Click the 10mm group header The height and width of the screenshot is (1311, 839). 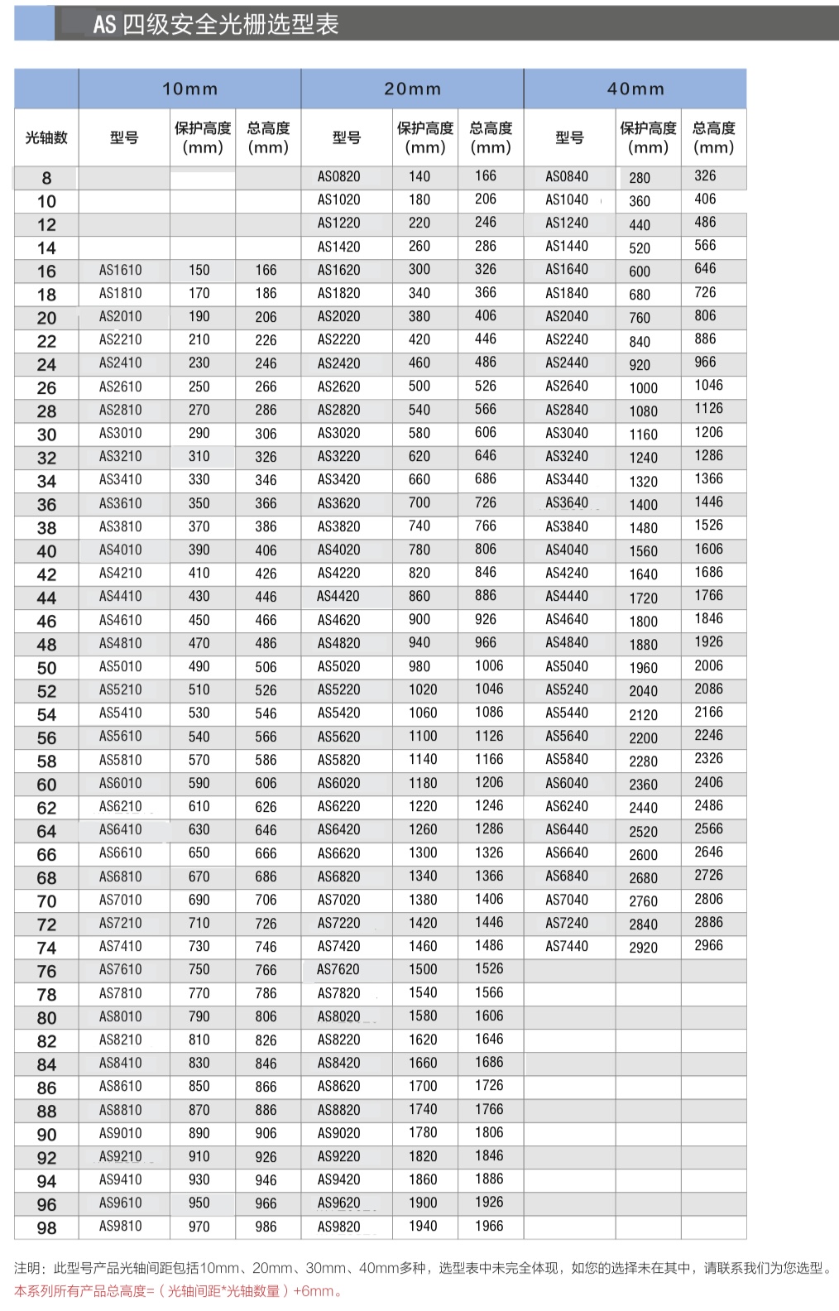(189, 89)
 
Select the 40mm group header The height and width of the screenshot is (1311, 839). (635, 89)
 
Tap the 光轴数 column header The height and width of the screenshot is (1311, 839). (46, 137)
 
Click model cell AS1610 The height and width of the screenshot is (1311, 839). (121, 270)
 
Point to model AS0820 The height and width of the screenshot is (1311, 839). (339, 176)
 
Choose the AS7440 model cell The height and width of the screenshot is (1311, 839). (567, 946)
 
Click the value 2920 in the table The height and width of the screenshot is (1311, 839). (643, 948)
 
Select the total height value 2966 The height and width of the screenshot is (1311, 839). (708, 945)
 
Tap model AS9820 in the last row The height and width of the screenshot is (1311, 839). (339, 1227)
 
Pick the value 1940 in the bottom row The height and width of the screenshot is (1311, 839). (423, 1226)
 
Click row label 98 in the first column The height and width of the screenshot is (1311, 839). (46, 1228)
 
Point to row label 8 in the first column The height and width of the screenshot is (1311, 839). (46, 178)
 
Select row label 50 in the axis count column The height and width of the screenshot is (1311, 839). (46, 668)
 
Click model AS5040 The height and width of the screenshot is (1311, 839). (567, 666)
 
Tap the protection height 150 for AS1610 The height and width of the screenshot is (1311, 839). (199, 270)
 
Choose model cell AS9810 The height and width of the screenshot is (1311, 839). (121, 1226)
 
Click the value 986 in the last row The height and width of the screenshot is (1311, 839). (266, 1227)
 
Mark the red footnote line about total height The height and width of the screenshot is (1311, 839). (179, 1291)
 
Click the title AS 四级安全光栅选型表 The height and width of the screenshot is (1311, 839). (216, 24)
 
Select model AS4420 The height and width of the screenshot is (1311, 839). (339, 596)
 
